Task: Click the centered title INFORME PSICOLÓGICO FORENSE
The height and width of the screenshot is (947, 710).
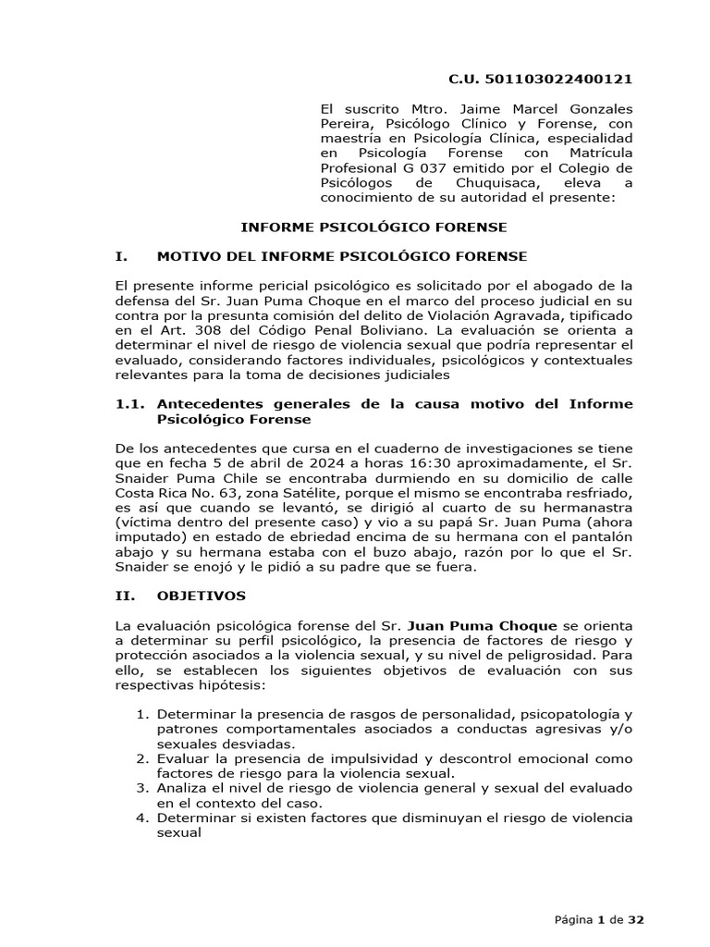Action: pyautogui.click(x=373, y=227)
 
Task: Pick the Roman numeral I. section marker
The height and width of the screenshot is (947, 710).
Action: pyautogui.click(x=121, y=255)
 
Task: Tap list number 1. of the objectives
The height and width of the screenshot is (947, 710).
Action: pyautogui.click(x=141, y=714)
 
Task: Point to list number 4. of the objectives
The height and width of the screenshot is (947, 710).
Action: pyautogui.click(x=141, y=818)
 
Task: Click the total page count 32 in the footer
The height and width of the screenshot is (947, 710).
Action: pyautogui.click(x=635, y=919)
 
